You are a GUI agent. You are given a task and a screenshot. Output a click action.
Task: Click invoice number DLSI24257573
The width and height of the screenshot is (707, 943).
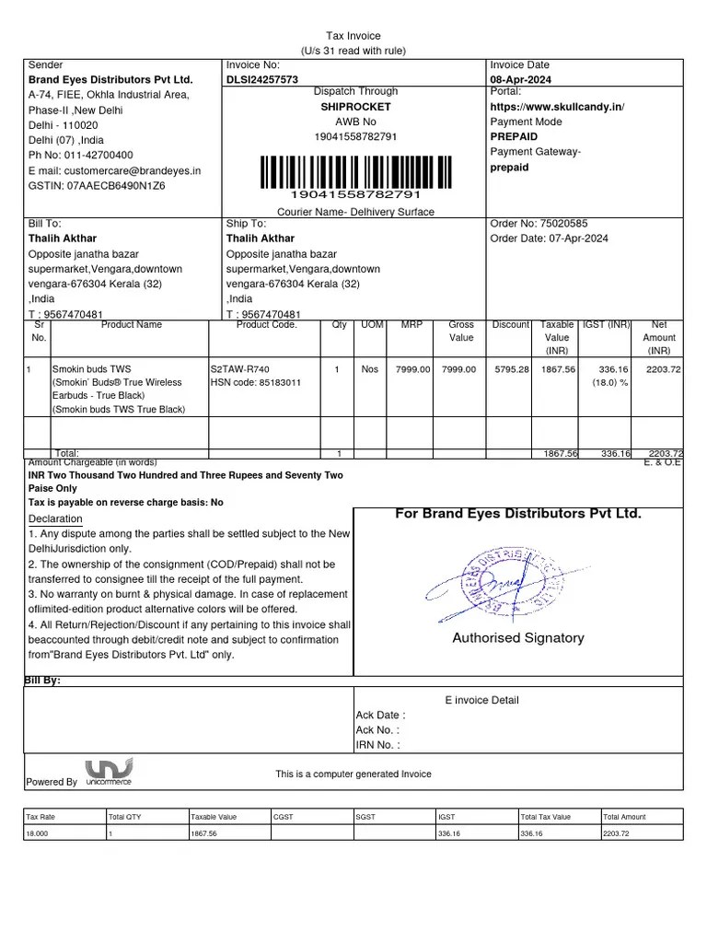click(x=262, y=80)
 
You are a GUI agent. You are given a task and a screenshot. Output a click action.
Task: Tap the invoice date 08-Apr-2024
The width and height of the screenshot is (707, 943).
click(x=522, y=80)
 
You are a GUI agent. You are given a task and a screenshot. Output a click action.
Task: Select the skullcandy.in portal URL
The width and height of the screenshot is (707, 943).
click(x=557, y=107)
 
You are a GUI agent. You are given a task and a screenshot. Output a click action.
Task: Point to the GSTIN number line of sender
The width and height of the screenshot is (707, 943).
click(x=97, y=186)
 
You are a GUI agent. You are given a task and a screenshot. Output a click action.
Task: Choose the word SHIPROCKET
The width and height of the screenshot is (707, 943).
click(x=355, y=107)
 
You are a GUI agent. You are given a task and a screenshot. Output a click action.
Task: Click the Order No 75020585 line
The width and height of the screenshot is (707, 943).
click(x=539, y=224)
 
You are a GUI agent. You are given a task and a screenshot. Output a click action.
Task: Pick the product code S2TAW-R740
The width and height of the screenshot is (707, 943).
click(x=239, y=369)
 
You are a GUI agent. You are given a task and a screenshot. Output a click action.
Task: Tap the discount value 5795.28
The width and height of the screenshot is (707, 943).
click(x=511, y=369)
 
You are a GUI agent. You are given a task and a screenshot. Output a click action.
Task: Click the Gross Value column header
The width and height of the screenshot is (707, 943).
click(x=461, y=332)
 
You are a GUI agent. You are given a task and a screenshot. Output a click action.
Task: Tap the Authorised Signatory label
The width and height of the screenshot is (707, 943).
click(x=517, y=638)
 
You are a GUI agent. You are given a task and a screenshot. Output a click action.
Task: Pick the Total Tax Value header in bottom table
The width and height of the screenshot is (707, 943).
click(x=546, y=817)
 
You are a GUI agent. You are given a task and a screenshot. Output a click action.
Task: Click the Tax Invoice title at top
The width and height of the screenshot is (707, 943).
click(x=354, y=35)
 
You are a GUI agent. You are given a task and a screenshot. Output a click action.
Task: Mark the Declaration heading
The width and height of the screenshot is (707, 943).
click(x=55, y=519)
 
